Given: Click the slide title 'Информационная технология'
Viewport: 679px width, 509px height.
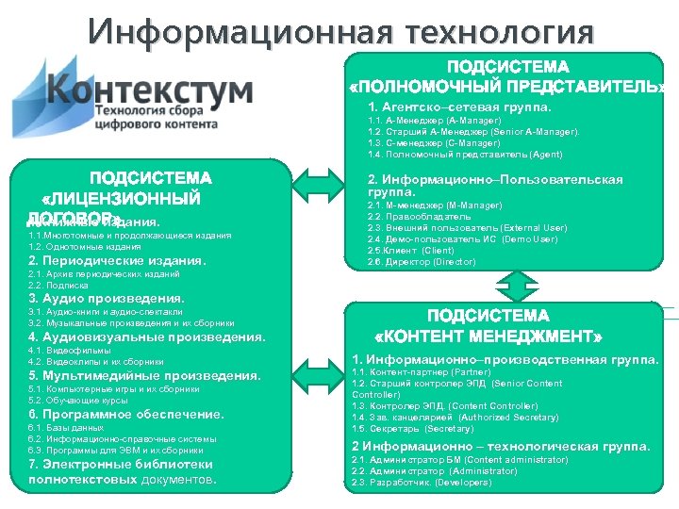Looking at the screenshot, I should [341, 32].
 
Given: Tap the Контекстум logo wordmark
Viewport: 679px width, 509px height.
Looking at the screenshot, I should [149, 91].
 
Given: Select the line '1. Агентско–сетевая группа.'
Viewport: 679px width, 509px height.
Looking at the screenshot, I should [459, 107].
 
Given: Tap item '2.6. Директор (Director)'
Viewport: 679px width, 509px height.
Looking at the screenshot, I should [422, 261].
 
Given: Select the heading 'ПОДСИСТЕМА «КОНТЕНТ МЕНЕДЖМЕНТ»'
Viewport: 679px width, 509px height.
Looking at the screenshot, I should [489, 326].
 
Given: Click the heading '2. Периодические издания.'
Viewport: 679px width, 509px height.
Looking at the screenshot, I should [117, 261].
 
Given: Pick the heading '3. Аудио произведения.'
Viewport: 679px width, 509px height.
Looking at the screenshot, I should [106, 299].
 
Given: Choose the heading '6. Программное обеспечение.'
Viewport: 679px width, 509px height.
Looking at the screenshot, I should [126, 414].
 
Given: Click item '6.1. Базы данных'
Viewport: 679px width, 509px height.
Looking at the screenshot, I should [65, 428].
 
